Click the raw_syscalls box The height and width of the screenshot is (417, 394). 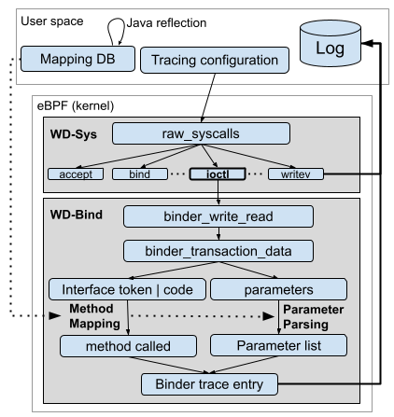click(218, 133)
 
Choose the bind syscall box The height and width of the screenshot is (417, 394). click(134, 173)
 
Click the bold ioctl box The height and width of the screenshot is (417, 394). click(217, 173)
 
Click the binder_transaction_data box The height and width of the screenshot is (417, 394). click(217, 252)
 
